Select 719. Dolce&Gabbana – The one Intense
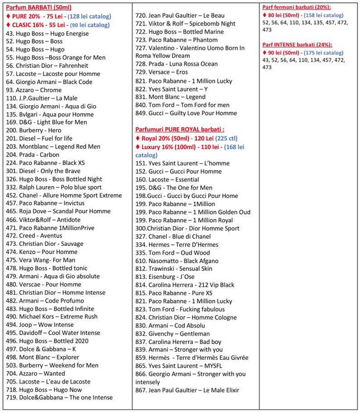(x=59, y=398)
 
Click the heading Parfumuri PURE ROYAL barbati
(x=179, y=128)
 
